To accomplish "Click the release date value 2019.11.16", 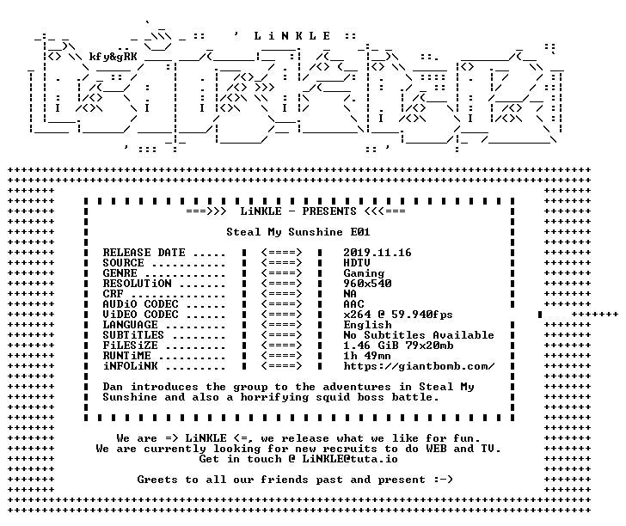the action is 377,253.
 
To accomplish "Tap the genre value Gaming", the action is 364,274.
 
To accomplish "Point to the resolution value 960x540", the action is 367,284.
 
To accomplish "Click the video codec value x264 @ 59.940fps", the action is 398,315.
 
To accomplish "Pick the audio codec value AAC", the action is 353,304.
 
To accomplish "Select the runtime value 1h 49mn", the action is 367,356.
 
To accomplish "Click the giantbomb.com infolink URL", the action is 420,366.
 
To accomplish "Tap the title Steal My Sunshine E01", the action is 298,232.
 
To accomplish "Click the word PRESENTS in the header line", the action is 329,211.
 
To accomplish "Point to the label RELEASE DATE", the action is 144,253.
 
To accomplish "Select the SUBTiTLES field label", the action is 133,335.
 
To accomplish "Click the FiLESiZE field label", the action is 130,346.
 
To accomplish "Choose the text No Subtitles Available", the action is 419,335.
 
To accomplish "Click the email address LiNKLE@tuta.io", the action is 350,459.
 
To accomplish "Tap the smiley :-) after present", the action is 443,480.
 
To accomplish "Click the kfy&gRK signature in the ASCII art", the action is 113,57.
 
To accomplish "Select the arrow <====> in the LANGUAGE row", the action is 281,325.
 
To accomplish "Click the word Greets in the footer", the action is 157,480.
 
